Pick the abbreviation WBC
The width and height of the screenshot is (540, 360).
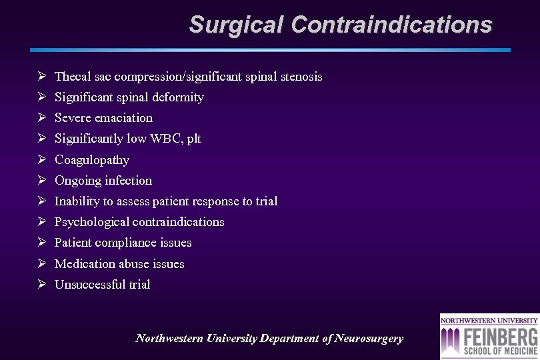coord(165,139)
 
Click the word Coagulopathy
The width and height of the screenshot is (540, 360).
coord(92,160)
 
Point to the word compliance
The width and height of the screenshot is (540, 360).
coord(127,243)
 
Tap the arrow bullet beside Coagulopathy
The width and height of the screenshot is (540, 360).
coord(41,159)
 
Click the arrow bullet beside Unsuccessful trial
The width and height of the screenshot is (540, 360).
coord(41,284)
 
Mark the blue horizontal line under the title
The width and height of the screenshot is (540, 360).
coord(270,50)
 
